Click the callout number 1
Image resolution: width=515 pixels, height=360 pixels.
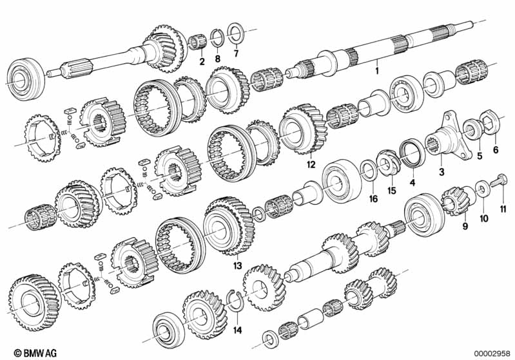coord(377,71)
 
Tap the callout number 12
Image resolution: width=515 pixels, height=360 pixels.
coord(311,165)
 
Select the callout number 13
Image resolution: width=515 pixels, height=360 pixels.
coord(237,265)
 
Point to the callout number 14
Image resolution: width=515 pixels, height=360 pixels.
coord(237,330)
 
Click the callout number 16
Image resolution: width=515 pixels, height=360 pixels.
coord(373,198)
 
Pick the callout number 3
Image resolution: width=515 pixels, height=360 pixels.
coord(442,171)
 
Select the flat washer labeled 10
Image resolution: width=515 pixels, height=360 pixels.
coord(481,190)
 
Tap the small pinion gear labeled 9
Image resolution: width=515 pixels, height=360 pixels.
coord(457,200)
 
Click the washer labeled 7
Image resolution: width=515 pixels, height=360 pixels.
coord(235,33)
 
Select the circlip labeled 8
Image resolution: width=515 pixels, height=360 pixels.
coord(217,37)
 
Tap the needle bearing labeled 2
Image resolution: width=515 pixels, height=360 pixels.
coord(198,43)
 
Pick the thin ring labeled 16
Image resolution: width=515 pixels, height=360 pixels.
coord(369,171)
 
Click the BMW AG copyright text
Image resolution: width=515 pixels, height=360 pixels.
coord(35,353)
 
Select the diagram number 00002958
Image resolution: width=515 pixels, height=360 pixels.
coord(492,353)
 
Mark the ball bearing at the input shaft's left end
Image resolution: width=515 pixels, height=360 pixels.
coord(24,79)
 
